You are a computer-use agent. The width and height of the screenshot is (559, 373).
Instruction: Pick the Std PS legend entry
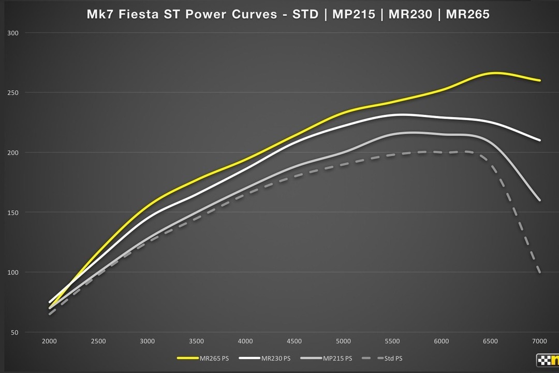tap(394, 358)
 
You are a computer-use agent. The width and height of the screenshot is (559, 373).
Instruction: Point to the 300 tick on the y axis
tap(13, 33)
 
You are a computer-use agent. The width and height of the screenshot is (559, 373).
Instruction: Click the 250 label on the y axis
tap(13, 93)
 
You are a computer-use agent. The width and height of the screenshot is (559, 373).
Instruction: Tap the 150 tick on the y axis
tap(13, 212)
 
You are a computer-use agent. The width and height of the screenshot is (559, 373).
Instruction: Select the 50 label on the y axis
tap(14, 332)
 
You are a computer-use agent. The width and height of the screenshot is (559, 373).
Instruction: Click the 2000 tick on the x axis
tap(49, 341)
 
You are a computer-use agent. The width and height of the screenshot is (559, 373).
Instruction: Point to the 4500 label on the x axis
tap(294, 341)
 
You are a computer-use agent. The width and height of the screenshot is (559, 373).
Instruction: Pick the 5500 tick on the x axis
tap(392, 341)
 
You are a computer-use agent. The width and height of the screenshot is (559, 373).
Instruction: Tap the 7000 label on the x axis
tap(539, 341)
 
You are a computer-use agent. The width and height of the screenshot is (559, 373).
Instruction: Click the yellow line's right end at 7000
tap(540, 80)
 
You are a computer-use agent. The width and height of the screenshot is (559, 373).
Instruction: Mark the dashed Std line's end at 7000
tap(540, 272)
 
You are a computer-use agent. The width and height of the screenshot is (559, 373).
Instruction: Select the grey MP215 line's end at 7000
tap(540, 200)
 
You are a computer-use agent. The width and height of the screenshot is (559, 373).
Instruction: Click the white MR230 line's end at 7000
tap(540, 140)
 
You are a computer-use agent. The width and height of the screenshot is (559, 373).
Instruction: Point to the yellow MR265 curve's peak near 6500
tap(494, 73)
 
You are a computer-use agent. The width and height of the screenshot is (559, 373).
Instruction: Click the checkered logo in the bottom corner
tap(547, 360)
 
